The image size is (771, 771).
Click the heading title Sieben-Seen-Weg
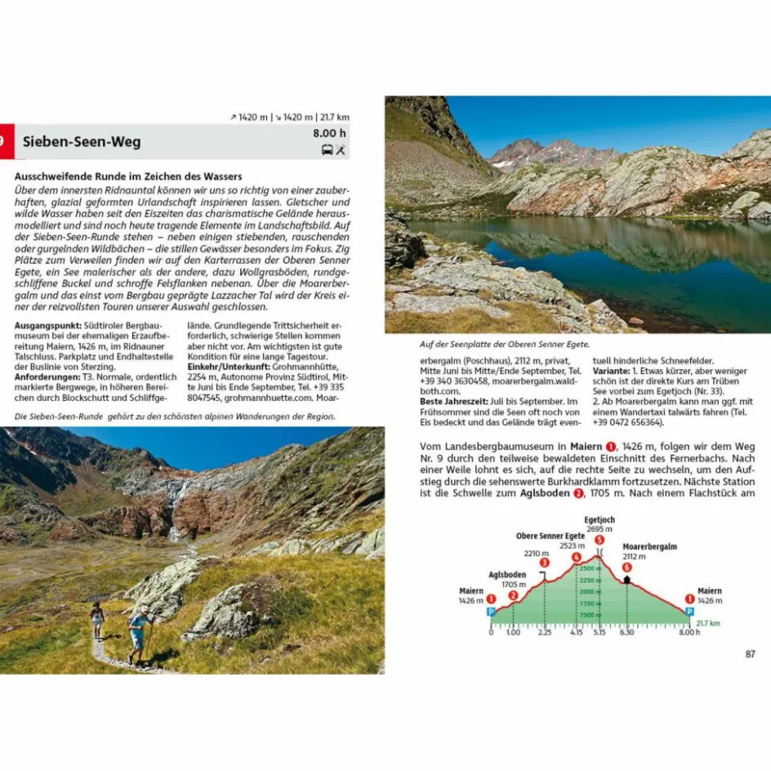[82, 141]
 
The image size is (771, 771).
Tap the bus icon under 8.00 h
[327, 149]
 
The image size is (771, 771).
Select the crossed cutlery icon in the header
[341, 149]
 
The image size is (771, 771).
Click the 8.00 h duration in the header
[330, 133]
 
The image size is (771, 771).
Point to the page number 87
[751, 653]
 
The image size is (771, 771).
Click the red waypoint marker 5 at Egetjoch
[599, 540]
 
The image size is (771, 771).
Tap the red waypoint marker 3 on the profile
[544, 563]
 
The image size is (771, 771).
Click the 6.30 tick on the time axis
[627, 631]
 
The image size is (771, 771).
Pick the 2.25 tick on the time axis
[544, 631]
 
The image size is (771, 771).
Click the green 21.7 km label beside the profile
[707, 622]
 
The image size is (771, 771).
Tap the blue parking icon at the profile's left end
[491, 611]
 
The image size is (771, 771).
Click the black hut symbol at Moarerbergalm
[627, 579]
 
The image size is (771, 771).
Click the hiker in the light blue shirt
[138, 629]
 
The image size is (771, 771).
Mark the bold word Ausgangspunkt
[45, 327]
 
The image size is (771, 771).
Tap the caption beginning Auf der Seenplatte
[504, 345]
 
